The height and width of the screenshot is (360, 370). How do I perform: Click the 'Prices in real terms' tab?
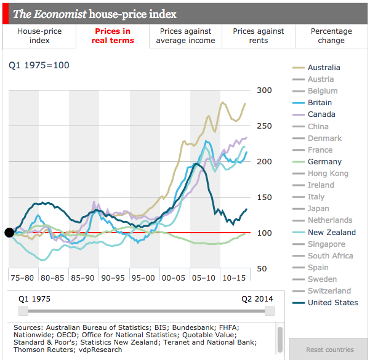[x=113, y=36]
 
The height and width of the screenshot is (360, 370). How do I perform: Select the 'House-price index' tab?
[x=39, y=36]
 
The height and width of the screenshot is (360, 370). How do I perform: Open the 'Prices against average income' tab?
[x=185, y=36]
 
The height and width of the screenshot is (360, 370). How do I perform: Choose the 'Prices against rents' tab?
[x=259, y=36]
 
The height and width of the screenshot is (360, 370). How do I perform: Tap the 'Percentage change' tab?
[x=331, y=36]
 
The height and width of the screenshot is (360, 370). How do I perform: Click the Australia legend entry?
[x=324, y=68]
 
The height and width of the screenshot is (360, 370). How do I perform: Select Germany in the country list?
[x=324, y=162]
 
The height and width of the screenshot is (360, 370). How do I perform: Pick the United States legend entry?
[x=332, y=303]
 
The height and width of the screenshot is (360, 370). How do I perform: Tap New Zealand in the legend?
[x=332, y=233]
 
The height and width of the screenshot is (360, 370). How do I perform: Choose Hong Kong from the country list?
[x=328, y=174]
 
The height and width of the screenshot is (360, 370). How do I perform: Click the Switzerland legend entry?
[x=329, y=291]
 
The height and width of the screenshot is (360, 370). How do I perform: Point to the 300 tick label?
[x=264, y=90]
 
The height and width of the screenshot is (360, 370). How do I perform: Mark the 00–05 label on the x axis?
[x=175, y=278]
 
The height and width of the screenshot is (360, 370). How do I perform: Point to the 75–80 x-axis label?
[x=23, y=278]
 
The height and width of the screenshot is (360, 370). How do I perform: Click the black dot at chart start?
[x=9, y=233]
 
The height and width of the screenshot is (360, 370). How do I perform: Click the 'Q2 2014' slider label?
[x=257, y=299]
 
